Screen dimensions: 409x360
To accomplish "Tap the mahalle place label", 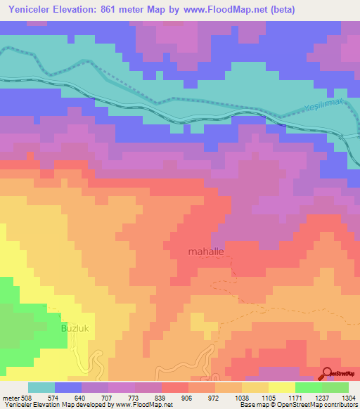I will tap(207, 251).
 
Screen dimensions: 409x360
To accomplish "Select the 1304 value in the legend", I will tap(349, 397).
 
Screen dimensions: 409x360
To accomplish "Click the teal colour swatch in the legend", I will tap(41, 387).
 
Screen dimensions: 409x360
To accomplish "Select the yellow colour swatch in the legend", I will tap(282, 387).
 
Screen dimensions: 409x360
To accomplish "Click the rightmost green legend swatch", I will tap(335, 387).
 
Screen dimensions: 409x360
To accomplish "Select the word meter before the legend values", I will tap(11, 397).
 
